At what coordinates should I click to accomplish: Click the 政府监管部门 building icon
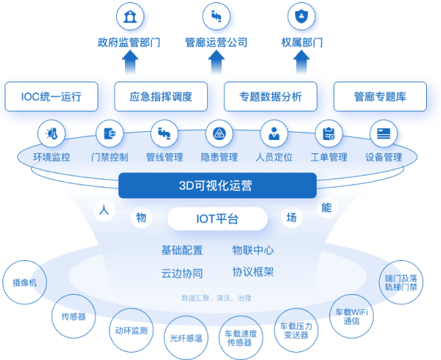130,16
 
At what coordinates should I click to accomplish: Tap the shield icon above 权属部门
301,16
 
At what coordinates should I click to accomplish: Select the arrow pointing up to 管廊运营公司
216,62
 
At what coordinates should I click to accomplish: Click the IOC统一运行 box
52,96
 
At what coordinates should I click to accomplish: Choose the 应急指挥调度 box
161,96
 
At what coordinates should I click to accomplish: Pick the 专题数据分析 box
271,96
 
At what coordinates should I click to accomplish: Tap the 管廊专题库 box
380,96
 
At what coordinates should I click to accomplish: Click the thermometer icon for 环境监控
52,133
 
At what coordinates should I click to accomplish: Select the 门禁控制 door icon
110,133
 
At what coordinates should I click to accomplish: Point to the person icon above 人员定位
275,133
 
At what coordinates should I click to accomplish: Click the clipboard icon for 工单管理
329,133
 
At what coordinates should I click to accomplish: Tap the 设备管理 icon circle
383,133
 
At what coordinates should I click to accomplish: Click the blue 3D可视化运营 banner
218,185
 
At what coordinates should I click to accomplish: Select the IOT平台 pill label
218,219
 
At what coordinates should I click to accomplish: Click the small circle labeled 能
326,207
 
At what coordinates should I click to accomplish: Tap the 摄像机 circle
24,282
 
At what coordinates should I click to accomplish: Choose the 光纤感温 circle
186,338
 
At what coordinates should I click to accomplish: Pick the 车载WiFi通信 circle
351,316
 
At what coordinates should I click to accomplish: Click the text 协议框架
253,272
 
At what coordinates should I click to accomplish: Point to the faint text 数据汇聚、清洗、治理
216,298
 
